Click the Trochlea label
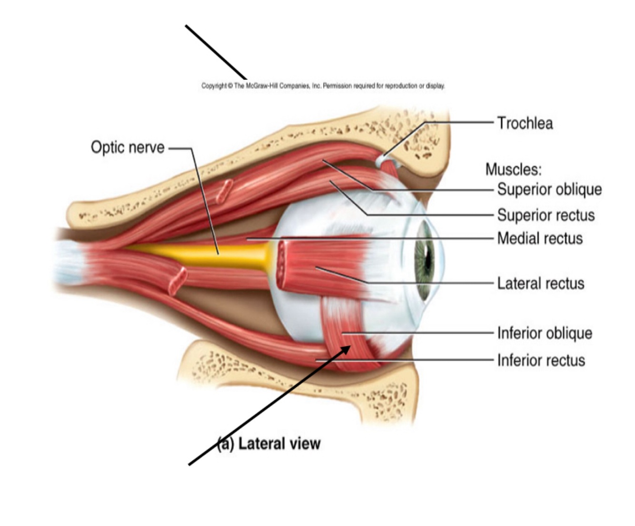[525, 123]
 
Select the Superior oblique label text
[549, 189]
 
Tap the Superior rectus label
[546, 215]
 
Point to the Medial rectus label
[540, 238]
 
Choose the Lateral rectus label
[541, 283]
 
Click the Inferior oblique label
[545, 333]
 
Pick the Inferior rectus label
[541, 360]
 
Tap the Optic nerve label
[128, 147]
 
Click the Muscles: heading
[513, 169]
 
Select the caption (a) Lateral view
[269, 444]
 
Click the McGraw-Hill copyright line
[323, 86]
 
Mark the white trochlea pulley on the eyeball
[381, 162]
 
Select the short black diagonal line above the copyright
[216, 52]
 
